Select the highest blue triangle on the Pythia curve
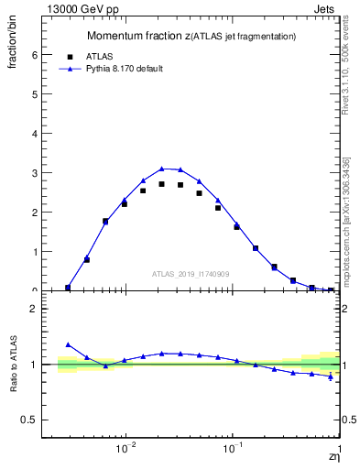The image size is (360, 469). coord(161,169)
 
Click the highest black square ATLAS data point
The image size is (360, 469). coord(161,184)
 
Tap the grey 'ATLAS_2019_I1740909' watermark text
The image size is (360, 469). coord(191,274)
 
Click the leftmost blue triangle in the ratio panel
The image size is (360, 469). coord(68,344)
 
